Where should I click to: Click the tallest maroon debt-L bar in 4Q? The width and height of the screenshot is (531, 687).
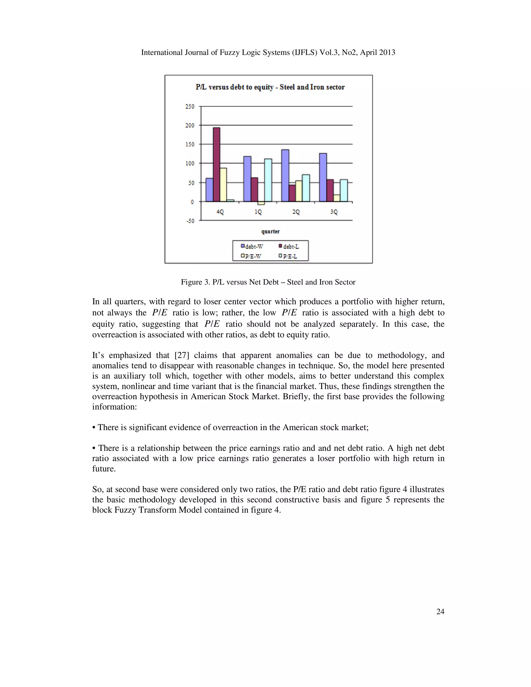[216, 164]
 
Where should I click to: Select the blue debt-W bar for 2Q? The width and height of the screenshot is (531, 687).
[285, 176]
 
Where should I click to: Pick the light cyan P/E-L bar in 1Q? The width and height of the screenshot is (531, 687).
[268, 180]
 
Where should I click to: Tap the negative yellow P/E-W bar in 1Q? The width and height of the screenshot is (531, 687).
[261, 203]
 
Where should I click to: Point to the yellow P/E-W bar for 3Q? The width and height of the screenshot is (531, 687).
[337, 198]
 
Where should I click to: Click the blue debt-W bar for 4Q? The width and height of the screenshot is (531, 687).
[209, 190]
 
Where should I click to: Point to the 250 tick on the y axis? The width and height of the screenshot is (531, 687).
[190, 106]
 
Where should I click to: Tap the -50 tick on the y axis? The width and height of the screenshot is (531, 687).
[190, 221]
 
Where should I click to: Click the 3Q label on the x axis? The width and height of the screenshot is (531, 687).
[334, 212]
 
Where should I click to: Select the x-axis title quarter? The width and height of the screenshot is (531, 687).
[270, 232]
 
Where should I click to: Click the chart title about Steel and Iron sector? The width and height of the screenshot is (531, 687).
[270, 87]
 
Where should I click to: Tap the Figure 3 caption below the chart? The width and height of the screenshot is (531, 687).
[268, 282]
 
